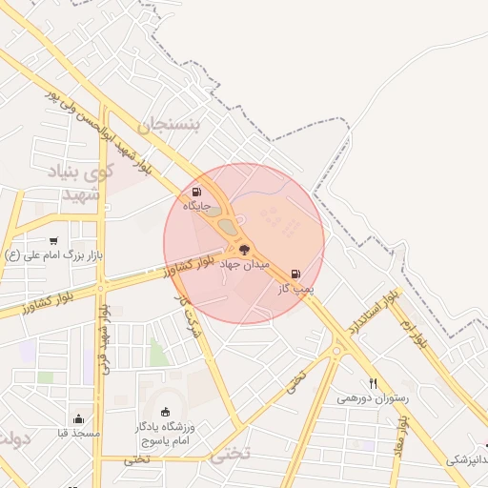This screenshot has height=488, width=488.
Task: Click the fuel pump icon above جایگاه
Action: click(197, 192)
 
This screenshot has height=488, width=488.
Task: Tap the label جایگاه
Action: click(196, 205)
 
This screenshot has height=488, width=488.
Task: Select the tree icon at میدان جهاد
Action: click(245, 250)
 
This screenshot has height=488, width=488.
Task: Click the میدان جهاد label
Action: click(246, 263)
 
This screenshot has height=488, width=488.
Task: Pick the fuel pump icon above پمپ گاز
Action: click(295, 274)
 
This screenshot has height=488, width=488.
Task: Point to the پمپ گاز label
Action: click(295, 287)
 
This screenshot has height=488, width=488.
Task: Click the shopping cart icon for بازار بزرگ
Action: click(53, 241)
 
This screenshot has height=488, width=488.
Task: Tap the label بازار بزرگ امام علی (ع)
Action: click(53, 255)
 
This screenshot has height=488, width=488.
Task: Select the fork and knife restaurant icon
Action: click(374, 383)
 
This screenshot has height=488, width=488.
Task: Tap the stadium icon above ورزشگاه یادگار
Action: click(167, 412)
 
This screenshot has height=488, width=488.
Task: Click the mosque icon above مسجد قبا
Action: click(78, 418)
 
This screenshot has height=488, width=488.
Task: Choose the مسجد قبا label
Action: click(78, 433)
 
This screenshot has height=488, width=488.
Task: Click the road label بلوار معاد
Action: click(402, 437)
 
